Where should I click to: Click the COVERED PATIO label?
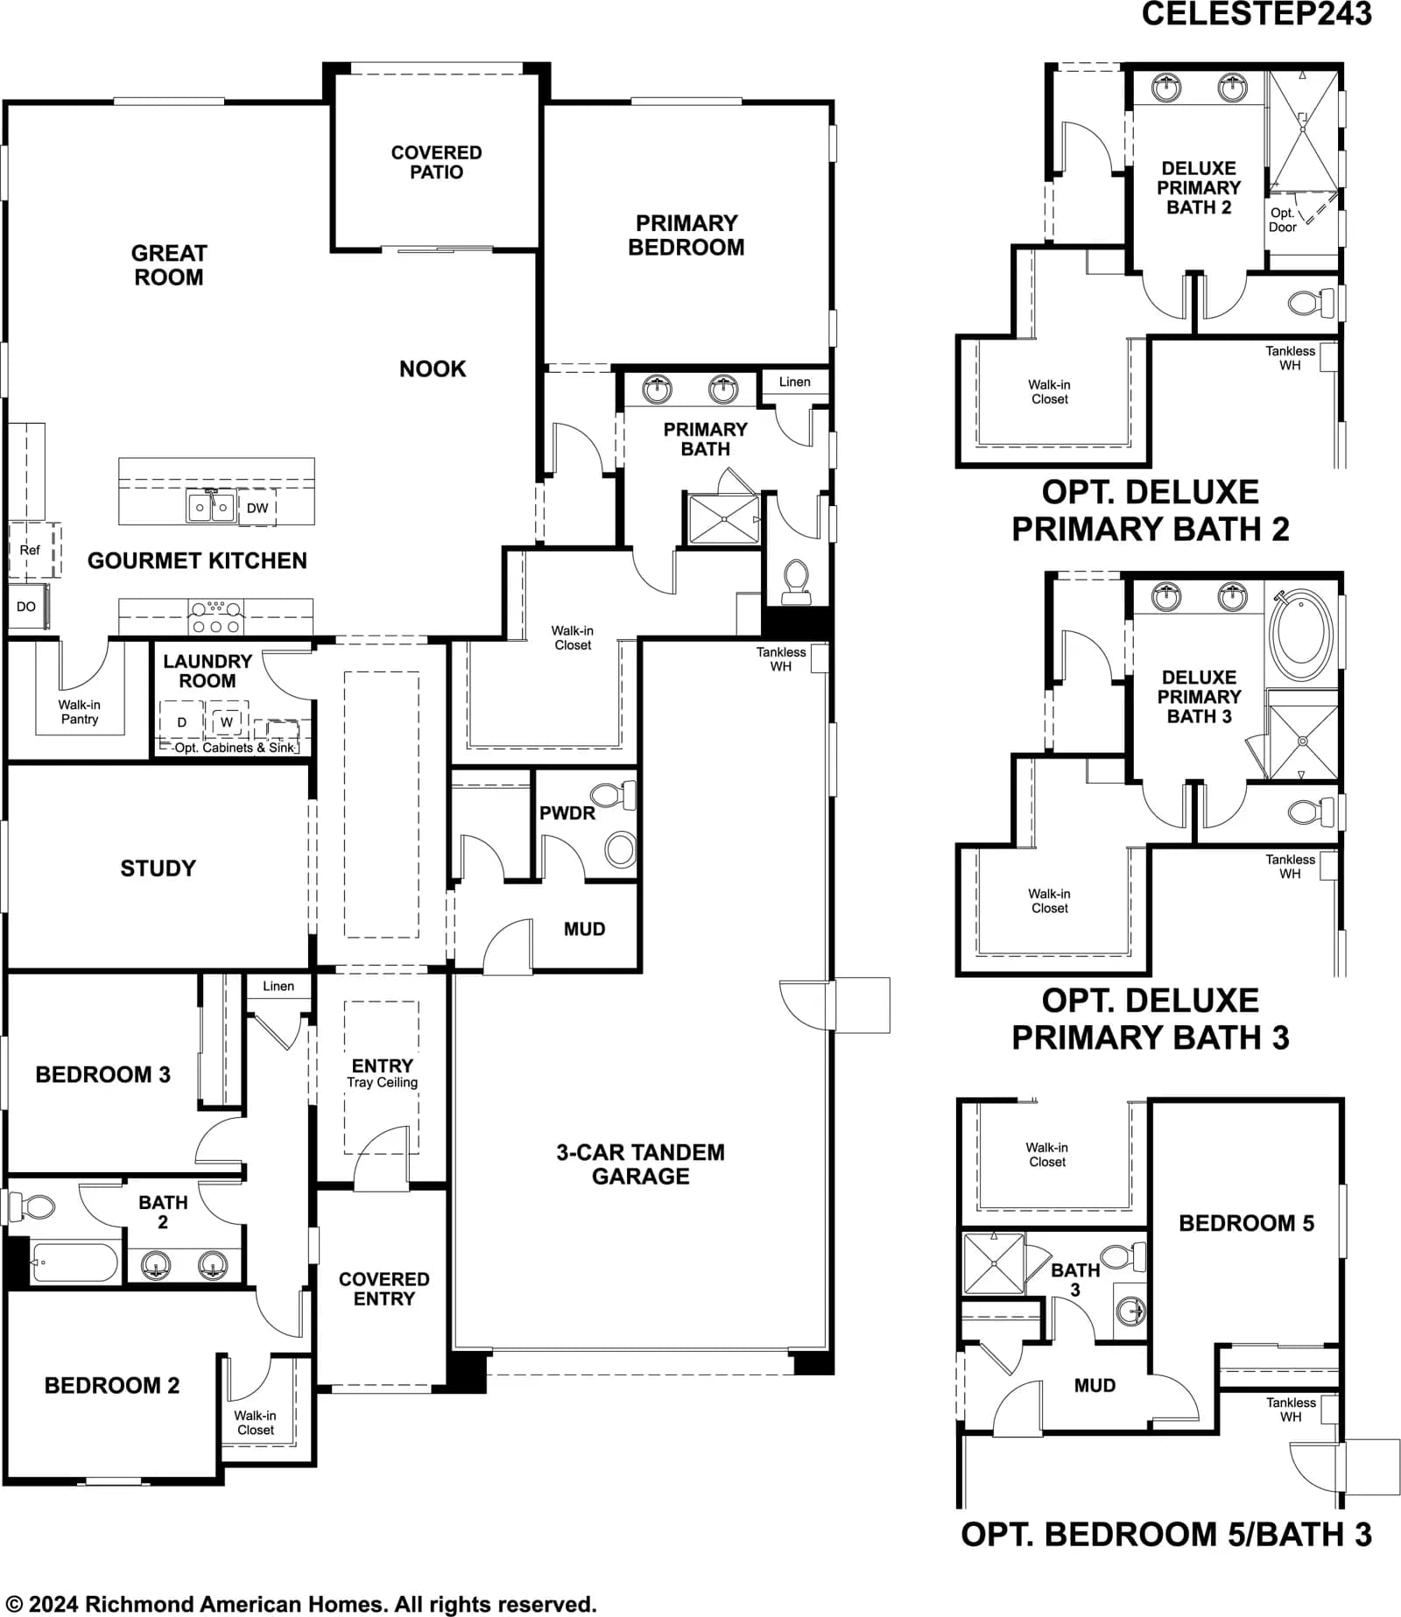point(436,162)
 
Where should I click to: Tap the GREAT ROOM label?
point(169,265)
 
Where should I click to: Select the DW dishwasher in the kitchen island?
point(257,508)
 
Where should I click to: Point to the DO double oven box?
point(27,606)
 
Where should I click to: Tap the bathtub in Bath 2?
point(74,1262)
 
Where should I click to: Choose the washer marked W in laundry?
point(227,721)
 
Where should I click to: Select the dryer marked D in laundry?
point(182,721)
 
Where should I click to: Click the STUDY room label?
point(158,868)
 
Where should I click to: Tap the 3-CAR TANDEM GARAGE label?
point(640,1164)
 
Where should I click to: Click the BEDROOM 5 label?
point(1246,1223)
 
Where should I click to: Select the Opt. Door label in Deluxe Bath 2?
point(1282,220)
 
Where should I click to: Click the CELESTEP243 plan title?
point(1257,14)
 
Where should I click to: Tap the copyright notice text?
point(302,1604)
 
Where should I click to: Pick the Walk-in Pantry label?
point(80,712)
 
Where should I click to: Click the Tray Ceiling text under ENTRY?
point(382,1082)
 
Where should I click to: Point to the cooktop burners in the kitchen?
point(215,617)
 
